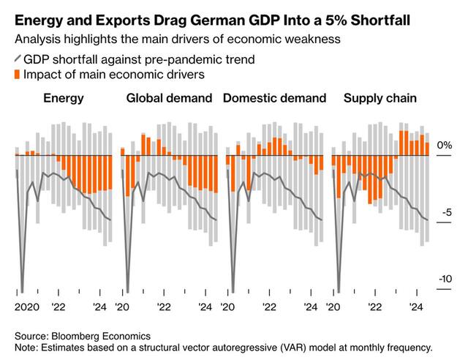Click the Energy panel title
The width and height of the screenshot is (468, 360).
pyautogui.click(x=64, y=98)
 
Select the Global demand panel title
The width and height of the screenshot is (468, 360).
pyautogui.click(x=169, y=98)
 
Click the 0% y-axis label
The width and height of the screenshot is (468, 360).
pyautogui.click(x=445, y=146)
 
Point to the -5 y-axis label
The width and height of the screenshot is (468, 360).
pyautogui.click(x=447, y=213)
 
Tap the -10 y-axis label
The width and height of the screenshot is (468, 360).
pyautogui.click(x=445, y=279)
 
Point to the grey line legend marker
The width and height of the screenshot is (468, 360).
pyautogui.click(x=18, y=59)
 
